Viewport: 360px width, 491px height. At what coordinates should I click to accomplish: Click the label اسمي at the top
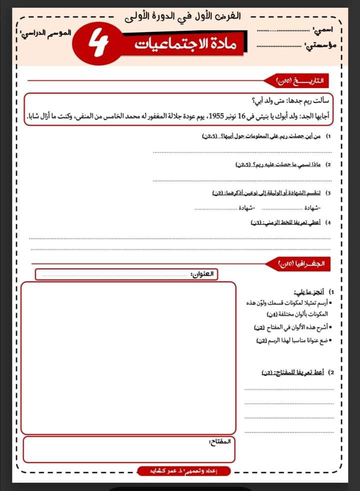323,30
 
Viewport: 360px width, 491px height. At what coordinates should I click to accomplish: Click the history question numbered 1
265,136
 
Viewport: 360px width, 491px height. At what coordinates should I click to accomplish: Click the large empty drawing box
128,357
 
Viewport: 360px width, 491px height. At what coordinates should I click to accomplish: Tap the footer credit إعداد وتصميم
183,470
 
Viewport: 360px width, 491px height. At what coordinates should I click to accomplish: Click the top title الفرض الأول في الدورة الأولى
182,15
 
